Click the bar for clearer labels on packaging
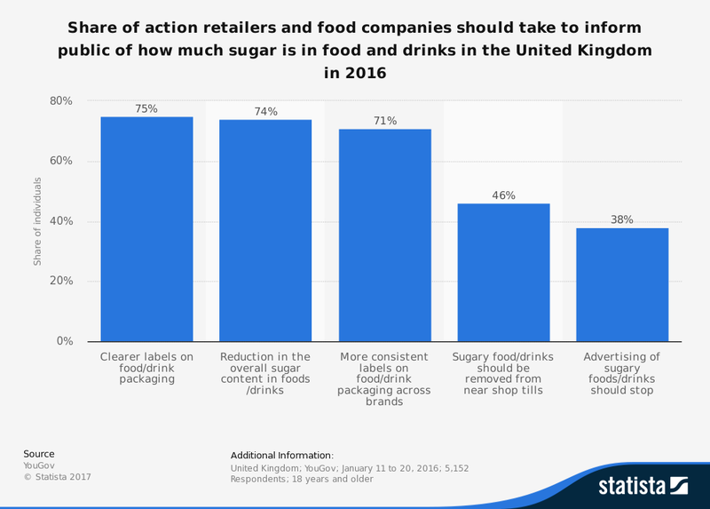(146, 229)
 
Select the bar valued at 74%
(265, 231)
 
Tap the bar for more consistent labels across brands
(384, 235)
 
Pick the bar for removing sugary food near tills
(503, 273)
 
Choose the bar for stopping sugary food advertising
(622, 285)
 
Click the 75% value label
(146, 108)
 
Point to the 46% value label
(503, 195)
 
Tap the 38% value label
(622, 219)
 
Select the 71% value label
(384, 121)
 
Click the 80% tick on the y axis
(61, 100)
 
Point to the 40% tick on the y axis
(61, 221)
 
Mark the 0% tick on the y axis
(65, 342)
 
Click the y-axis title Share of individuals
(38, 221)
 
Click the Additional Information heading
(281, 455)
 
